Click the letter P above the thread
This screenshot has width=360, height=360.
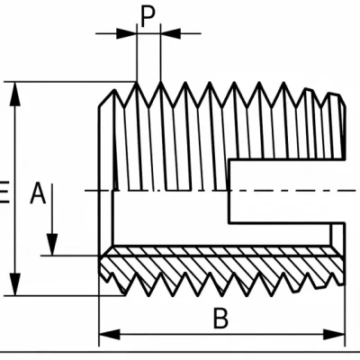pyautogui.click(x=148, y=17)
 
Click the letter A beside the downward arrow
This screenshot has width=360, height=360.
pyautogui.click(x=38, y=193)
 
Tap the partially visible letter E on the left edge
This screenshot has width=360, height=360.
pyautogui.click(x=4, y=193)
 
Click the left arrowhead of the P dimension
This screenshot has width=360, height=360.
pyautogui.click(x=127, y=33)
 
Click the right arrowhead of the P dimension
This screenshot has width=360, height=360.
pyautogui.click(x=170, y=33)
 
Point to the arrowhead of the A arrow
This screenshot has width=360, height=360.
pyautogui.click(x=52, y=245)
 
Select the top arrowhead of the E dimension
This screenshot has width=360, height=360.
pyautogui.click(x=15, y=94)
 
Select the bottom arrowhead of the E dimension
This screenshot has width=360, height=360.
pyautogui.click(x=15, y=284)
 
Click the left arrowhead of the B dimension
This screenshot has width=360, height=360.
pyautogui.click(x=110, y=334)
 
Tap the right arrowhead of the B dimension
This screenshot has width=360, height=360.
pyautogui.click(x=335, y=334)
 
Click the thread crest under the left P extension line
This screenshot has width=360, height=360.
pyautogui.click(x=137, y=83)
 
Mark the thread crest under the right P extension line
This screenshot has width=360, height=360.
pyautogui.click(x=161, y=83)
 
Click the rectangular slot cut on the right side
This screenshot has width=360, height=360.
pyautogui.click(x=287, y=192)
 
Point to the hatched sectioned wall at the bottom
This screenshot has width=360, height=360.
pyautogui.click(x=222, y=267)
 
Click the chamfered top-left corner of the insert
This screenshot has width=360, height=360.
pyautogui.click(x=106, y=98)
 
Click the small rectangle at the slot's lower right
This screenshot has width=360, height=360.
pyautogui.click(x=337, y=235)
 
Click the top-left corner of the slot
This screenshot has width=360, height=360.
pyautogui.click(x=229, y=159)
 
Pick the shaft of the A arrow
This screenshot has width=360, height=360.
pyautogui.click(x=52, y=209)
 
